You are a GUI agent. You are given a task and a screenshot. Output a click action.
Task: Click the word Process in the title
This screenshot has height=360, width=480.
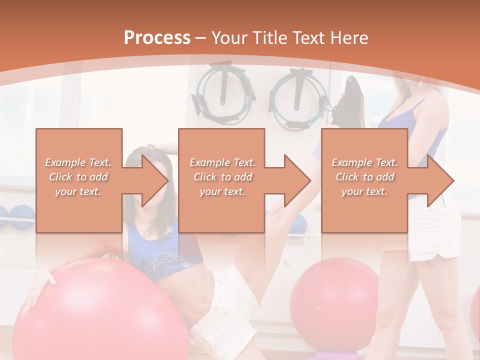pyautogui.click(x=157, y=38)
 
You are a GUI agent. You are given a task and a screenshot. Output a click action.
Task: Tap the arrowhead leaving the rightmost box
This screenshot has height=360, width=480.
pyautogui.click(x=439, y=180)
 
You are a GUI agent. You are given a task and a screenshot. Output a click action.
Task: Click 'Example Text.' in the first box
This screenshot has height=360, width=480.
pyautogui.click(x=78, y=162)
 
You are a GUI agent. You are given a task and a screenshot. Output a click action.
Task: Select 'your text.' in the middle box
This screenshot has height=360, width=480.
pyautogui.click(x=222, y=191)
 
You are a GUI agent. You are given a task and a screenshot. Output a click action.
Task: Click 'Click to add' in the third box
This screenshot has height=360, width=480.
pyautogui.click(x=365, y=177)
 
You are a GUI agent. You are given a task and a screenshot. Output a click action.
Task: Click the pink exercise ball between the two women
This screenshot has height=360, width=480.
pyautogui.click(x=334, y=300)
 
